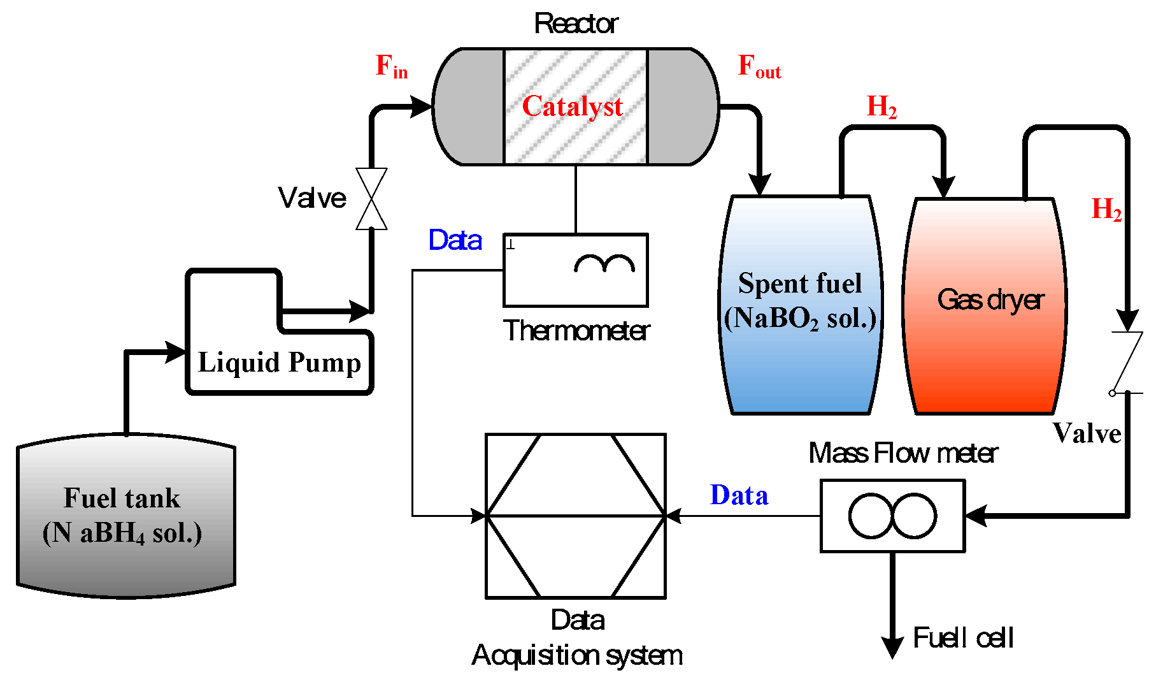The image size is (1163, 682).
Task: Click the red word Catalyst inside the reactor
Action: [572, 106]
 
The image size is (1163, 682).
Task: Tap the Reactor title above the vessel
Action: [576, 24]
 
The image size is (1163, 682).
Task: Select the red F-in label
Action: [391, 66]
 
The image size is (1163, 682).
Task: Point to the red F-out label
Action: [759, 67]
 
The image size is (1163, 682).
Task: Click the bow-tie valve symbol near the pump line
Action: [371, 199]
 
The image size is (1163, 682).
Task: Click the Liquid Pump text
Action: [279, 363]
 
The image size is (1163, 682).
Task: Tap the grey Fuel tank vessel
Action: [125, 516]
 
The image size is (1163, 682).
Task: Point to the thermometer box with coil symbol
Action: [575, 270]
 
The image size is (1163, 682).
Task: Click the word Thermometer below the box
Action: [576, 331]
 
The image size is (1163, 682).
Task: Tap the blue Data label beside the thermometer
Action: [455, 240]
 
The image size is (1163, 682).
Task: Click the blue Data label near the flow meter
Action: [739, 495]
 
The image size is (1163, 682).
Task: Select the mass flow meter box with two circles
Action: [892, 516]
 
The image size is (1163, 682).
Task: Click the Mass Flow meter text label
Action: [903, 453]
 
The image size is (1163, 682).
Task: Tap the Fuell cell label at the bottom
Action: [962, 638]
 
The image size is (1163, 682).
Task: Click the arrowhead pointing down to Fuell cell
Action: [892, 647]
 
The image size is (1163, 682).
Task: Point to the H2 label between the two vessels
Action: [881, 106]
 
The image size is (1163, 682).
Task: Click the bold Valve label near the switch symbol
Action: [1087, 433]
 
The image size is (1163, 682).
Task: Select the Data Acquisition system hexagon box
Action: [575, 516]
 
